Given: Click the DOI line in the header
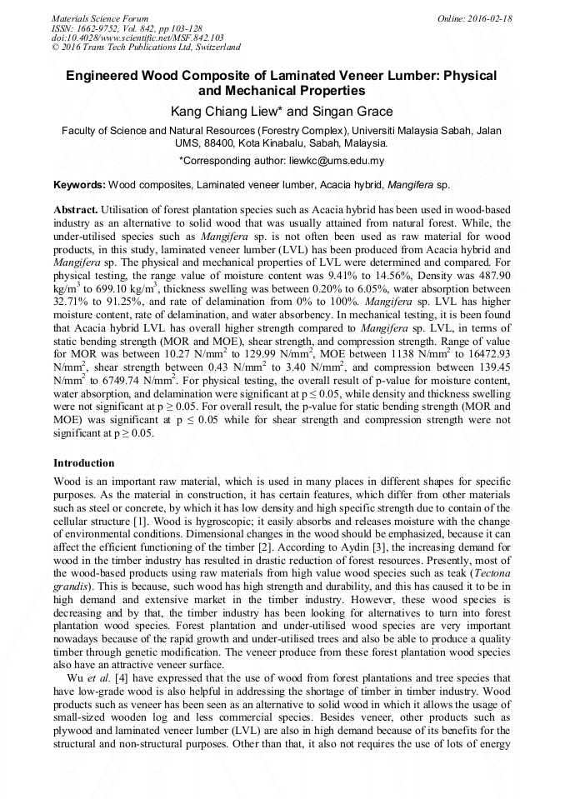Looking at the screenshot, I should tap(137, 38).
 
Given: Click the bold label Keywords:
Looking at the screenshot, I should tap(80, 184).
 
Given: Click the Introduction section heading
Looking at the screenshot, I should tap(84, 462).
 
